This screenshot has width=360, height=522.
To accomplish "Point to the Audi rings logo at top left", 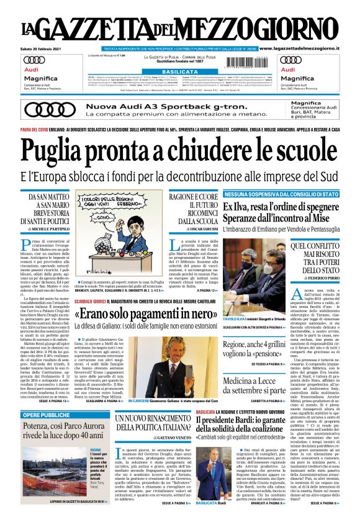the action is click(x=34, y=60).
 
